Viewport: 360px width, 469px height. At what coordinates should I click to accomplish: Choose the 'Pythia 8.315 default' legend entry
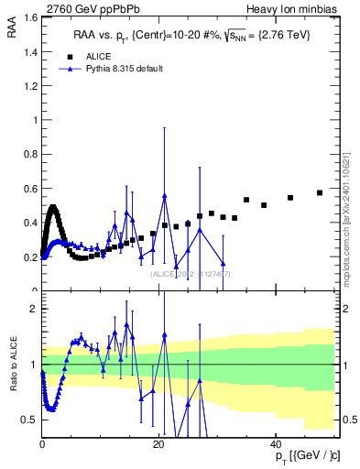[118, 69]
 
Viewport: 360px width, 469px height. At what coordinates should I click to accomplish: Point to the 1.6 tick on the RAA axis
[30, 17]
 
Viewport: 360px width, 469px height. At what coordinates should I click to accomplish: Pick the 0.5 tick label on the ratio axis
[30, 420]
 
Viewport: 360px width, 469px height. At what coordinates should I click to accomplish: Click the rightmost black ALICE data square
[320, 192]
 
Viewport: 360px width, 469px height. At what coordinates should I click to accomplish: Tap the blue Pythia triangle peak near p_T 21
[165, 196]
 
